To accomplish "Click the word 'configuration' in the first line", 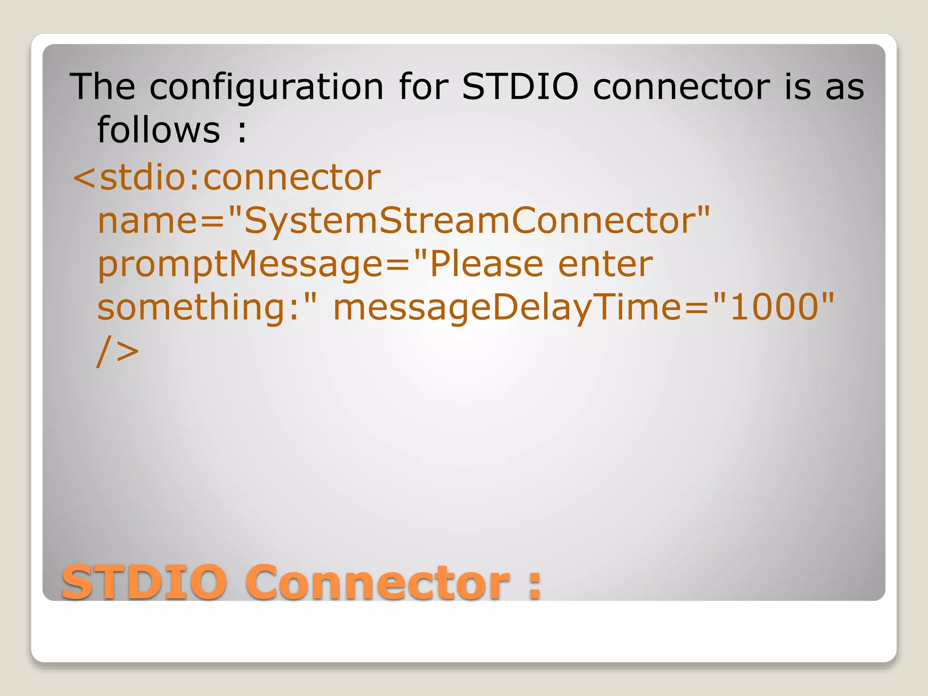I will tap(266, 87).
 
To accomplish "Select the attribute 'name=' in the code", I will tap(161, 220).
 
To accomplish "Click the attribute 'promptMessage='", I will tap(254, 264).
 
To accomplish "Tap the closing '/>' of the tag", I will tap(117, 351).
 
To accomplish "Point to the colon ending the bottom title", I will tap(535, 585).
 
